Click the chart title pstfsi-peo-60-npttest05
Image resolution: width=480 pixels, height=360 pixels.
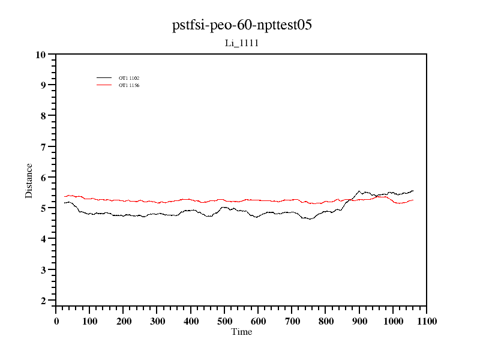click(242, 26)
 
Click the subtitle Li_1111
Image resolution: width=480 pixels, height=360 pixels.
click(242, 43)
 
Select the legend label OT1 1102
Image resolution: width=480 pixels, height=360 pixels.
click(129, 78)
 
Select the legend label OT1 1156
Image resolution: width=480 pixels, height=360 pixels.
click(129, 86)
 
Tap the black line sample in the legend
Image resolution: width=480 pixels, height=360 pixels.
click(104, 78)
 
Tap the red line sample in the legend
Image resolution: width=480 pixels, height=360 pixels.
click(104, 85)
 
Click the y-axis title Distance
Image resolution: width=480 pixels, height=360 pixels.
click(29, 180)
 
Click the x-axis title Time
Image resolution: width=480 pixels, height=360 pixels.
click(242, 332)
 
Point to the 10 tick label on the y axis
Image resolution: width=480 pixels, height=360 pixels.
click(41, 55)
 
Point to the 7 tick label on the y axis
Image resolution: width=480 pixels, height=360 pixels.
click(43, 147)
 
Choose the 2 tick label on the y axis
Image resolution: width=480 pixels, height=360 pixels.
click(43, 301)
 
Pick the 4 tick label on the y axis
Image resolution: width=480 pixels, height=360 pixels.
click(43, 239)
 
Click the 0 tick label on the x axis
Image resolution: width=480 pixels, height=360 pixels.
click(56, 322)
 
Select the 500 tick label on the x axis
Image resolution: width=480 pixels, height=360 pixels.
click(225, 322)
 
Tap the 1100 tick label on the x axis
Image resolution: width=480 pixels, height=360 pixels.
click(426, 322)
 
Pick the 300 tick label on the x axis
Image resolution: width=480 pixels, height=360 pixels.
click(157, 322)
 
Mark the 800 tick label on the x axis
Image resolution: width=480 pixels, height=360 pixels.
click(326, 322)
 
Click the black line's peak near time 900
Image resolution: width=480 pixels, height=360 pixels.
click(359, 191)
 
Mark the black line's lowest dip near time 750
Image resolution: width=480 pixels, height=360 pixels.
click(310, 220)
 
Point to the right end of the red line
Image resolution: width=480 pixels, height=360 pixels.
click(413, 200)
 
